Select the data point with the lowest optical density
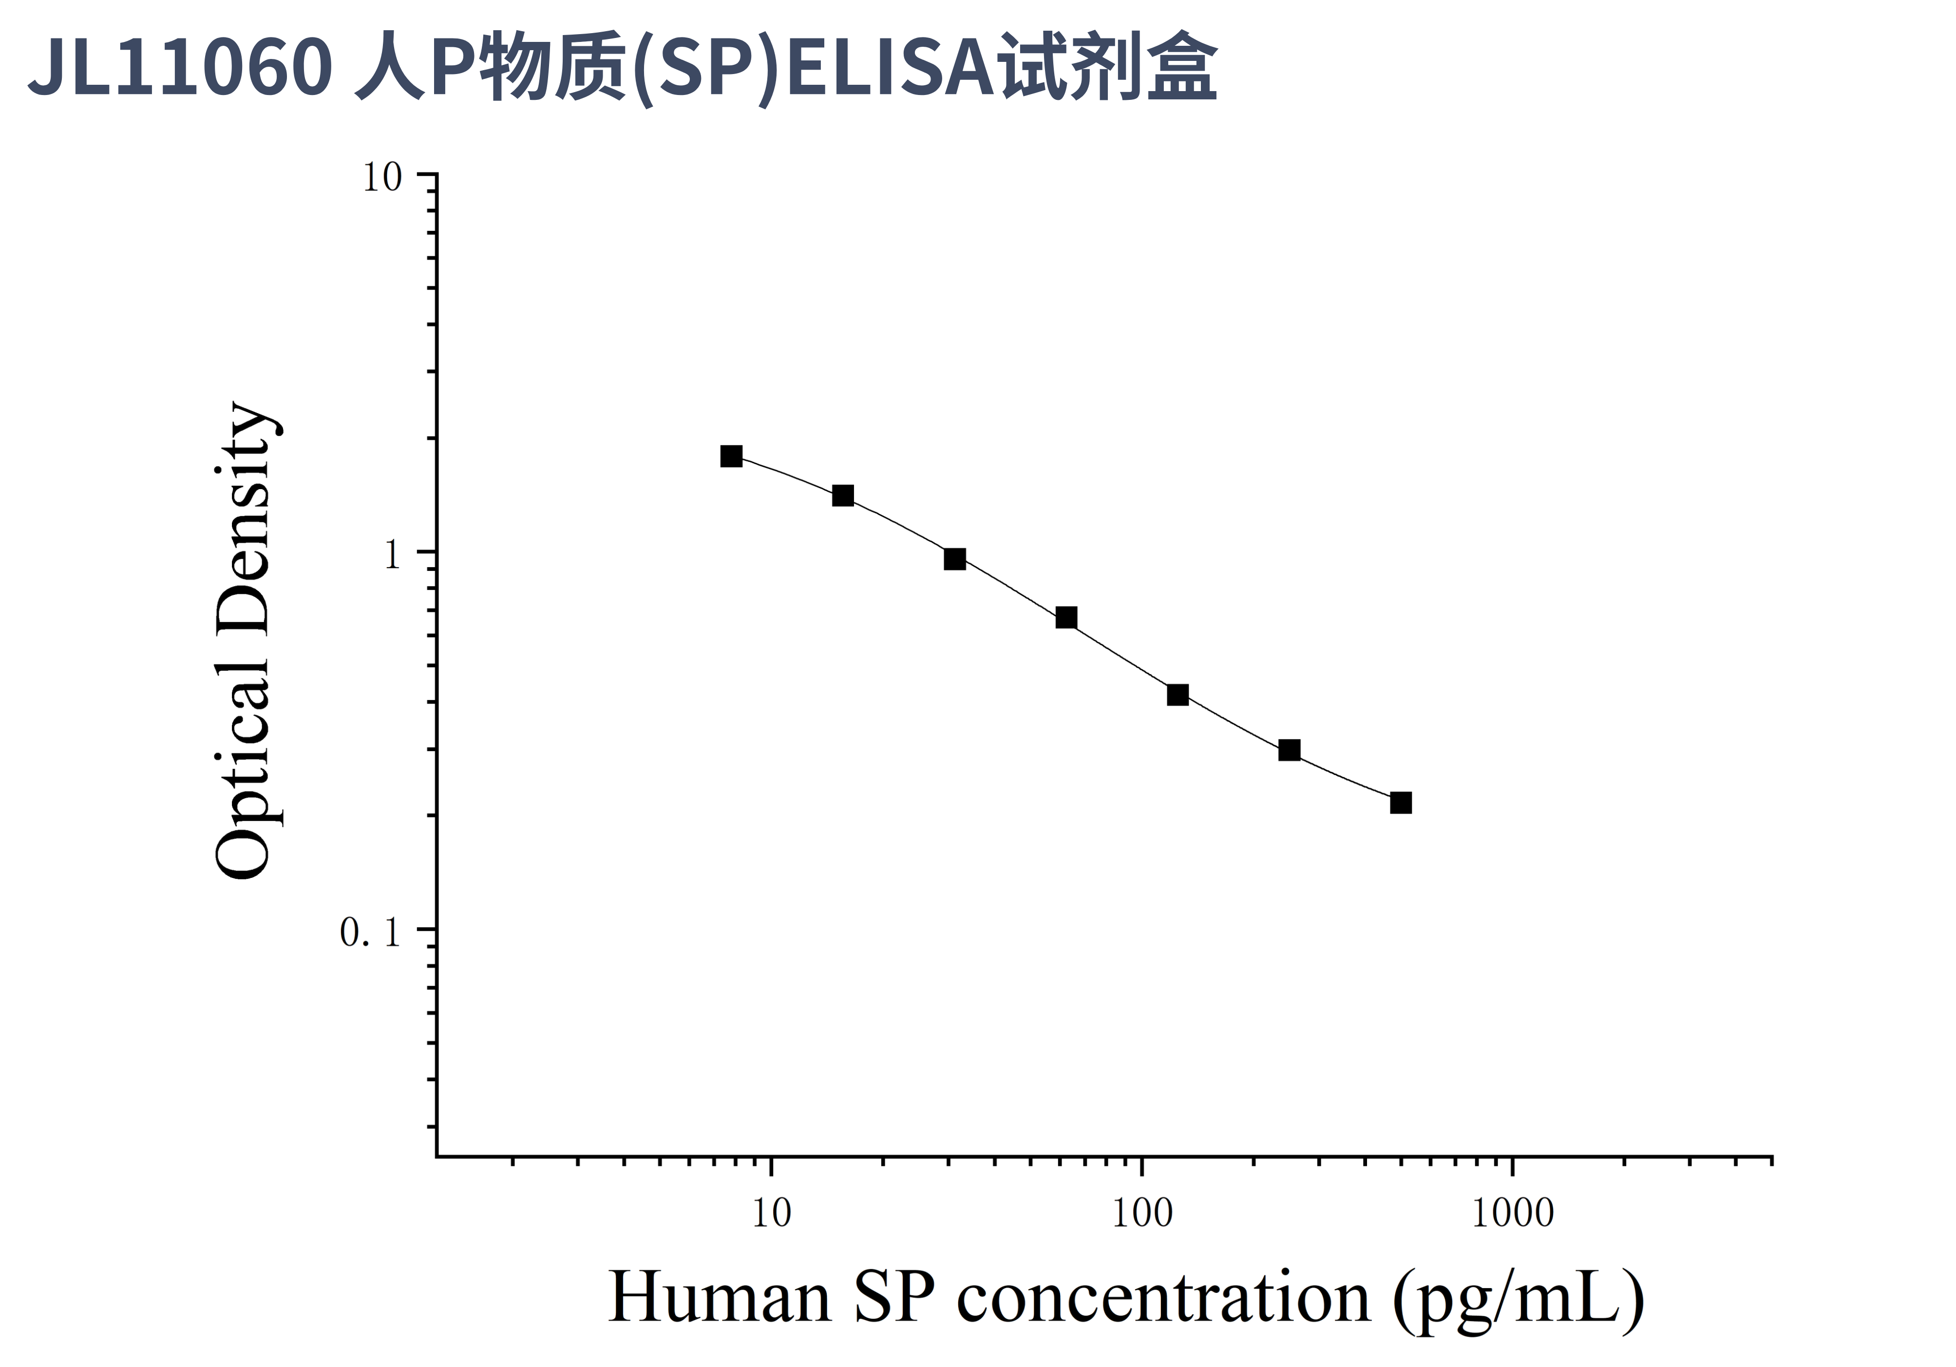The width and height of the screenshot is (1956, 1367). (1401, 802)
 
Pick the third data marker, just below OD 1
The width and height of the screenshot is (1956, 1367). (955, 559)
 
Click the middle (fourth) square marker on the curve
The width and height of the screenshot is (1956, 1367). (1066, 618)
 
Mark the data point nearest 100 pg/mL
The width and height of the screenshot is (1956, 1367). (1177, 695)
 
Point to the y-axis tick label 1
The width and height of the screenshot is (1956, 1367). (392, 555)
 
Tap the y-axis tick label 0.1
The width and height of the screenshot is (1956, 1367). (371, 932)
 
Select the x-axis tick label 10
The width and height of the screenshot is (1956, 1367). (771, 1213)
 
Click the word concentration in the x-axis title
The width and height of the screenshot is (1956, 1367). (1164, 1297)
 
